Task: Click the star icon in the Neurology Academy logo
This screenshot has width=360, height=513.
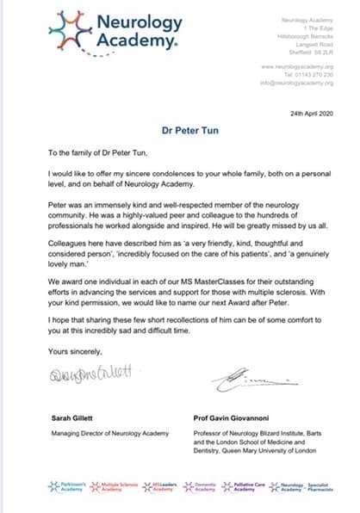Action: point(70,30)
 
